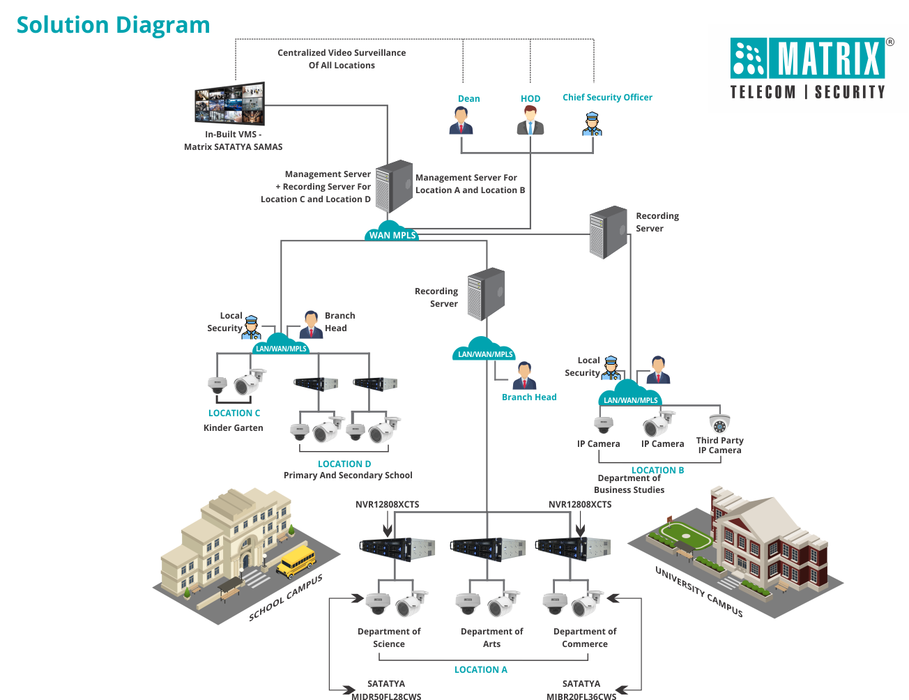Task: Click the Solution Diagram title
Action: click(113, 25)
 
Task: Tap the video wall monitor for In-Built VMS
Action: click(229, 104)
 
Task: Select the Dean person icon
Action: click(461, 121)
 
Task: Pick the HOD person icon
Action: click(530, 121)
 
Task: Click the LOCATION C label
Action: click(234, 413)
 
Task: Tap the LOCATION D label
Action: click(344, 464)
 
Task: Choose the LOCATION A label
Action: click(480, 669)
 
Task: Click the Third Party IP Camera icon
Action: click(719, 423)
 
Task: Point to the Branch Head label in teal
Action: click(529, 397)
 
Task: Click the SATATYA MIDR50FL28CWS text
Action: click(386, 690)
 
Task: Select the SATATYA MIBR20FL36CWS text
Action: click(581, 690)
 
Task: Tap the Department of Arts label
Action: click(491, 637)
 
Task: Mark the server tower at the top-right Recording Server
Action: click(608, 232)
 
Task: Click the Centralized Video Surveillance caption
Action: click(342, 59)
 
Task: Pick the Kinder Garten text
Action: click(234, 427)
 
